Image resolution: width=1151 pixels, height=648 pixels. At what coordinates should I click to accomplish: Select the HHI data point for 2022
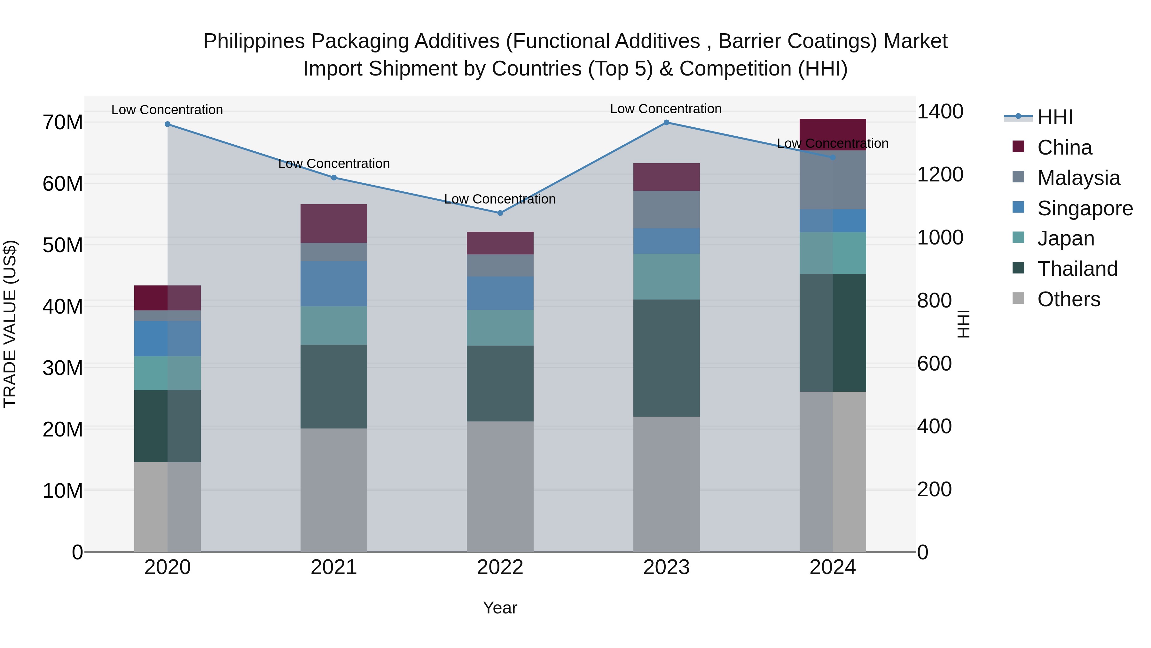(x=500, y=213)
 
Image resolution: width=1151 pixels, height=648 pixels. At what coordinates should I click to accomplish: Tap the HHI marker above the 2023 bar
(x=666, y=123)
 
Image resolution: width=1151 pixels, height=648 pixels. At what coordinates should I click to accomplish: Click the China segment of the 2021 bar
(x=333, y=224)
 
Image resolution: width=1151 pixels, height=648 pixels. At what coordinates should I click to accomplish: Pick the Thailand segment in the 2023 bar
(x=666, y=358)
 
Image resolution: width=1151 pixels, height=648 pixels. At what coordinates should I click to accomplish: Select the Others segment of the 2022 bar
(x=500, y=486)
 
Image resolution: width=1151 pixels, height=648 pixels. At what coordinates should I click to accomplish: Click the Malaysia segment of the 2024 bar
(x=833, y=180)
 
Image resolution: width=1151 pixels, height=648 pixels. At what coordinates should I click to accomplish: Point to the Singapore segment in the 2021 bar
(x=333, y=284)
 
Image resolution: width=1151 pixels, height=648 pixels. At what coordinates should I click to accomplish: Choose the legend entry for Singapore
(x=1084, y=208)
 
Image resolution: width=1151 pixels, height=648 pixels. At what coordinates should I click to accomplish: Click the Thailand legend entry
(x=1077, y=269)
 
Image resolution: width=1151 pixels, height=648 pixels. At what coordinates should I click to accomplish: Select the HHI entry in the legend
(x=1054, y=117)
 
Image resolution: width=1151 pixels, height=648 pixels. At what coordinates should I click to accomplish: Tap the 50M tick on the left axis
(x=63, y=245)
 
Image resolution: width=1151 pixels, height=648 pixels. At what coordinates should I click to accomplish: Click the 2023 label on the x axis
(x=666, y=567)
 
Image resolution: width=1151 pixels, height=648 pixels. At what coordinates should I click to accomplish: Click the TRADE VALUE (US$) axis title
(x=10, y=324)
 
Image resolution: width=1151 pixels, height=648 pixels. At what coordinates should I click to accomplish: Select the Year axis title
(x=500, y=608)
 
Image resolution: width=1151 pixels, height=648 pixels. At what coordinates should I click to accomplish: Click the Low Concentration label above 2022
(x=500, y=199)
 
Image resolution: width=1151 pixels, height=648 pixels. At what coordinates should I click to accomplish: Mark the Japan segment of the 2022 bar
(x=500, y=327)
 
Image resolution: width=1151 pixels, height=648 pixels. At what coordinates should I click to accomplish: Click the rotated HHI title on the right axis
(x=964, y=324)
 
